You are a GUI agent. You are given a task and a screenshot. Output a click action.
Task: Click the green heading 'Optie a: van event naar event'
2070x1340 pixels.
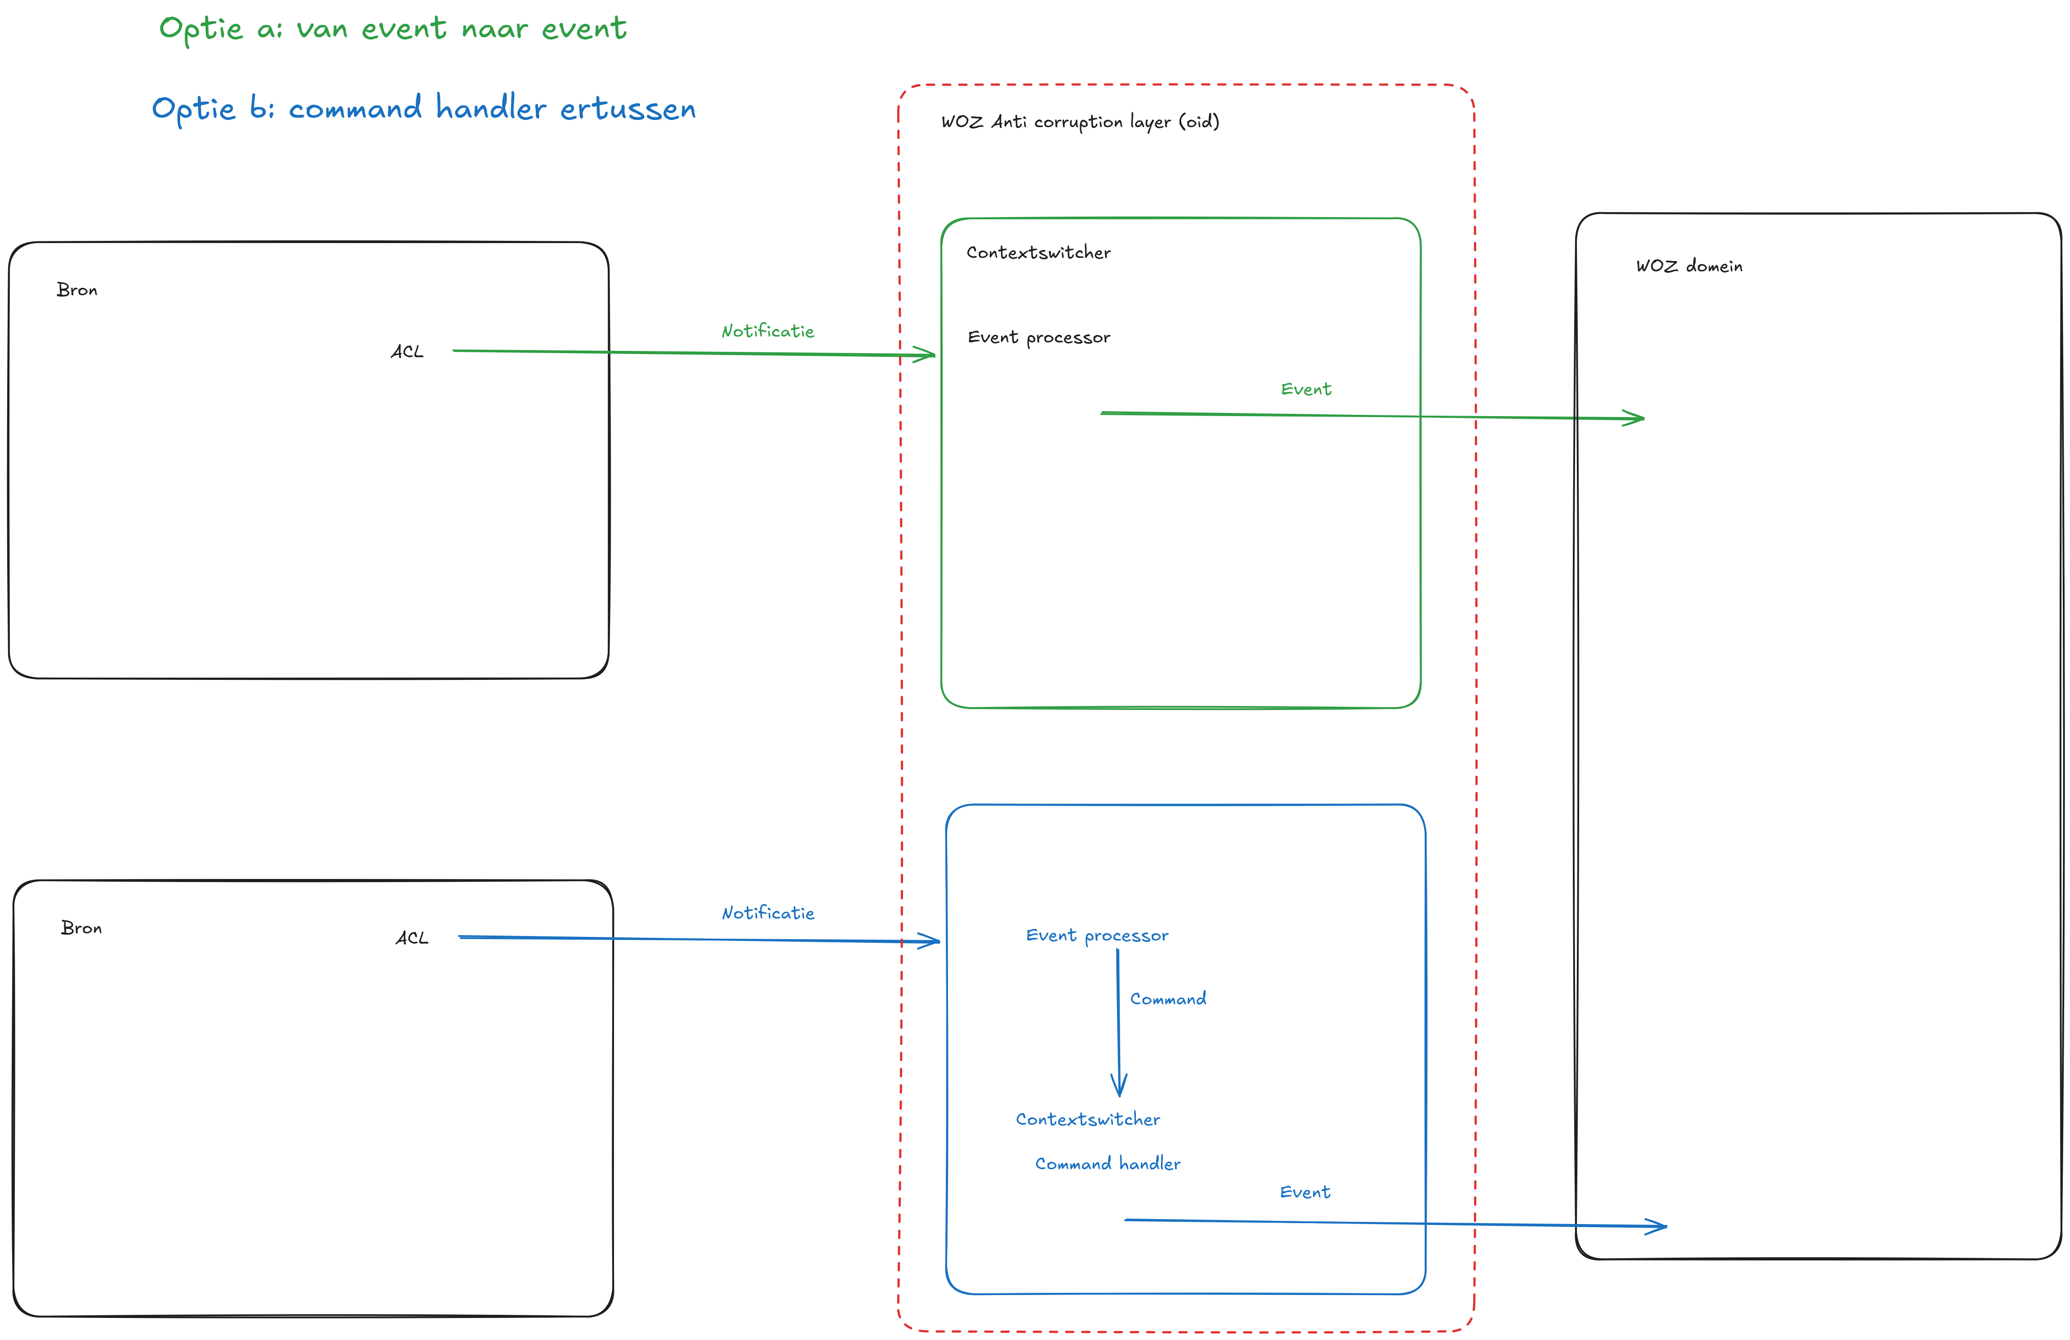[392, 29]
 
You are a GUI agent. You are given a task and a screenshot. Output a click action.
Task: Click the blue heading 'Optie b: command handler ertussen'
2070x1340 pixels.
[423, 109]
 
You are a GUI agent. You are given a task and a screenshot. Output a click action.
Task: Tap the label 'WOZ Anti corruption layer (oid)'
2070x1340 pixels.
[1079, 122]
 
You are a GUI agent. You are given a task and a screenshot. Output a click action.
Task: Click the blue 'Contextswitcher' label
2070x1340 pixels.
[1087, 1119]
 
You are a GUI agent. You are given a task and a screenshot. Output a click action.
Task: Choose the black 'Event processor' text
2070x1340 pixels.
[1038, 337]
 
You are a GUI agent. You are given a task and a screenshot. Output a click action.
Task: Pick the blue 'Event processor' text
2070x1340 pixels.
[1097, 936]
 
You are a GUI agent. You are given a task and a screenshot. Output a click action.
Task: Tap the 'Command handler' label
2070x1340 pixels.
[1107, 1163]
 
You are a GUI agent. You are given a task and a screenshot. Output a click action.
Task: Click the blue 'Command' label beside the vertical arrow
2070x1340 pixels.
[1167, 999]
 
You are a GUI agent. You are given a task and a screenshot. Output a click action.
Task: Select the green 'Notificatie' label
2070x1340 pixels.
[767, 331]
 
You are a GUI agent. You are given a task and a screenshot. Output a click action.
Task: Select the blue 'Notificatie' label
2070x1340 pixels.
[768, 913]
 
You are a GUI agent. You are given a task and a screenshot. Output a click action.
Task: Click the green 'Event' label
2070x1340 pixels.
[1305, 390]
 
